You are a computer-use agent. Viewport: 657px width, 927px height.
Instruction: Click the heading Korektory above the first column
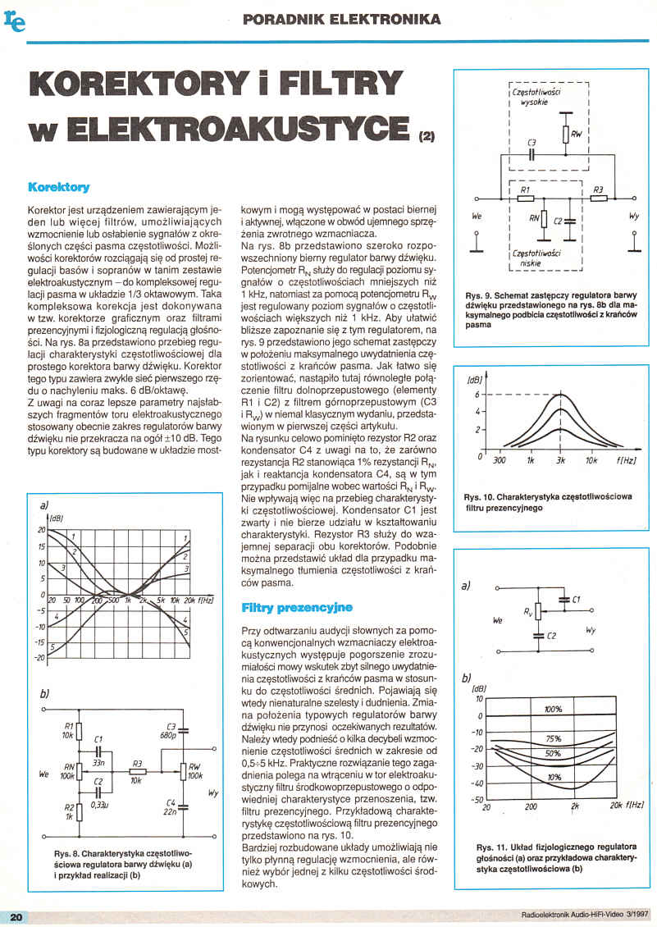click(58, 187)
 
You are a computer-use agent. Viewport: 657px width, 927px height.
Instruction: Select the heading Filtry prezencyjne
click(297, 608)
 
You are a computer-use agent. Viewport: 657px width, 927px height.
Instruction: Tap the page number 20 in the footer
click(16, 916)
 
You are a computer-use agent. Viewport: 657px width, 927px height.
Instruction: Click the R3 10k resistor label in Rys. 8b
click(137, 768)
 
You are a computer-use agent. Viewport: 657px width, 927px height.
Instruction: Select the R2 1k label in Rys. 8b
click(68, 813)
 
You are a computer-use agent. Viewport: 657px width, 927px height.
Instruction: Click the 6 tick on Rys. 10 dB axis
click(476, 395)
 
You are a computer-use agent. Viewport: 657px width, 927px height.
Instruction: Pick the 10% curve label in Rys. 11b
click(554, 777)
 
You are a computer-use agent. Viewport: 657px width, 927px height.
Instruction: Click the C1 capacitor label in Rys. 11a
click(577, 600)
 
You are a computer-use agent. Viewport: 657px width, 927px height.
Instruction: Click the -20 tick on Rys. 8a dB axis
click(37, 658)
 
